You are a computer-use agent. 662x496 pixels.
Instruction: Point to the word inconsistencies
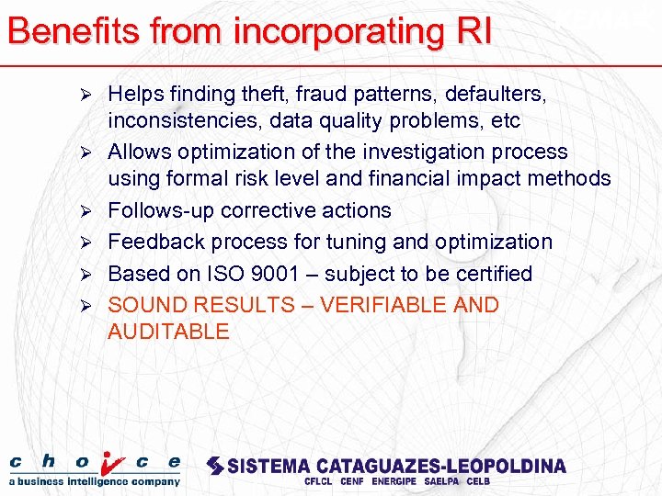[185, 120]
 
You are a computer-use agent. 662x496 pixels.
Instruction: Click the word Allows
[141, 152]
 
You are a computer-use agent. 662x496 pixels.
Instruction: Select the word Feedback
[154, 242]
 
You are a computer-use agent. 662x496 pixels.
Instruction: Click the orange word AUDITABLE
[168, 332]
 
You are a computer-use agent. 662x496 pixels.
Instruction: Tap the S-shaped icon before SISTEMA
[214, 466]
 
